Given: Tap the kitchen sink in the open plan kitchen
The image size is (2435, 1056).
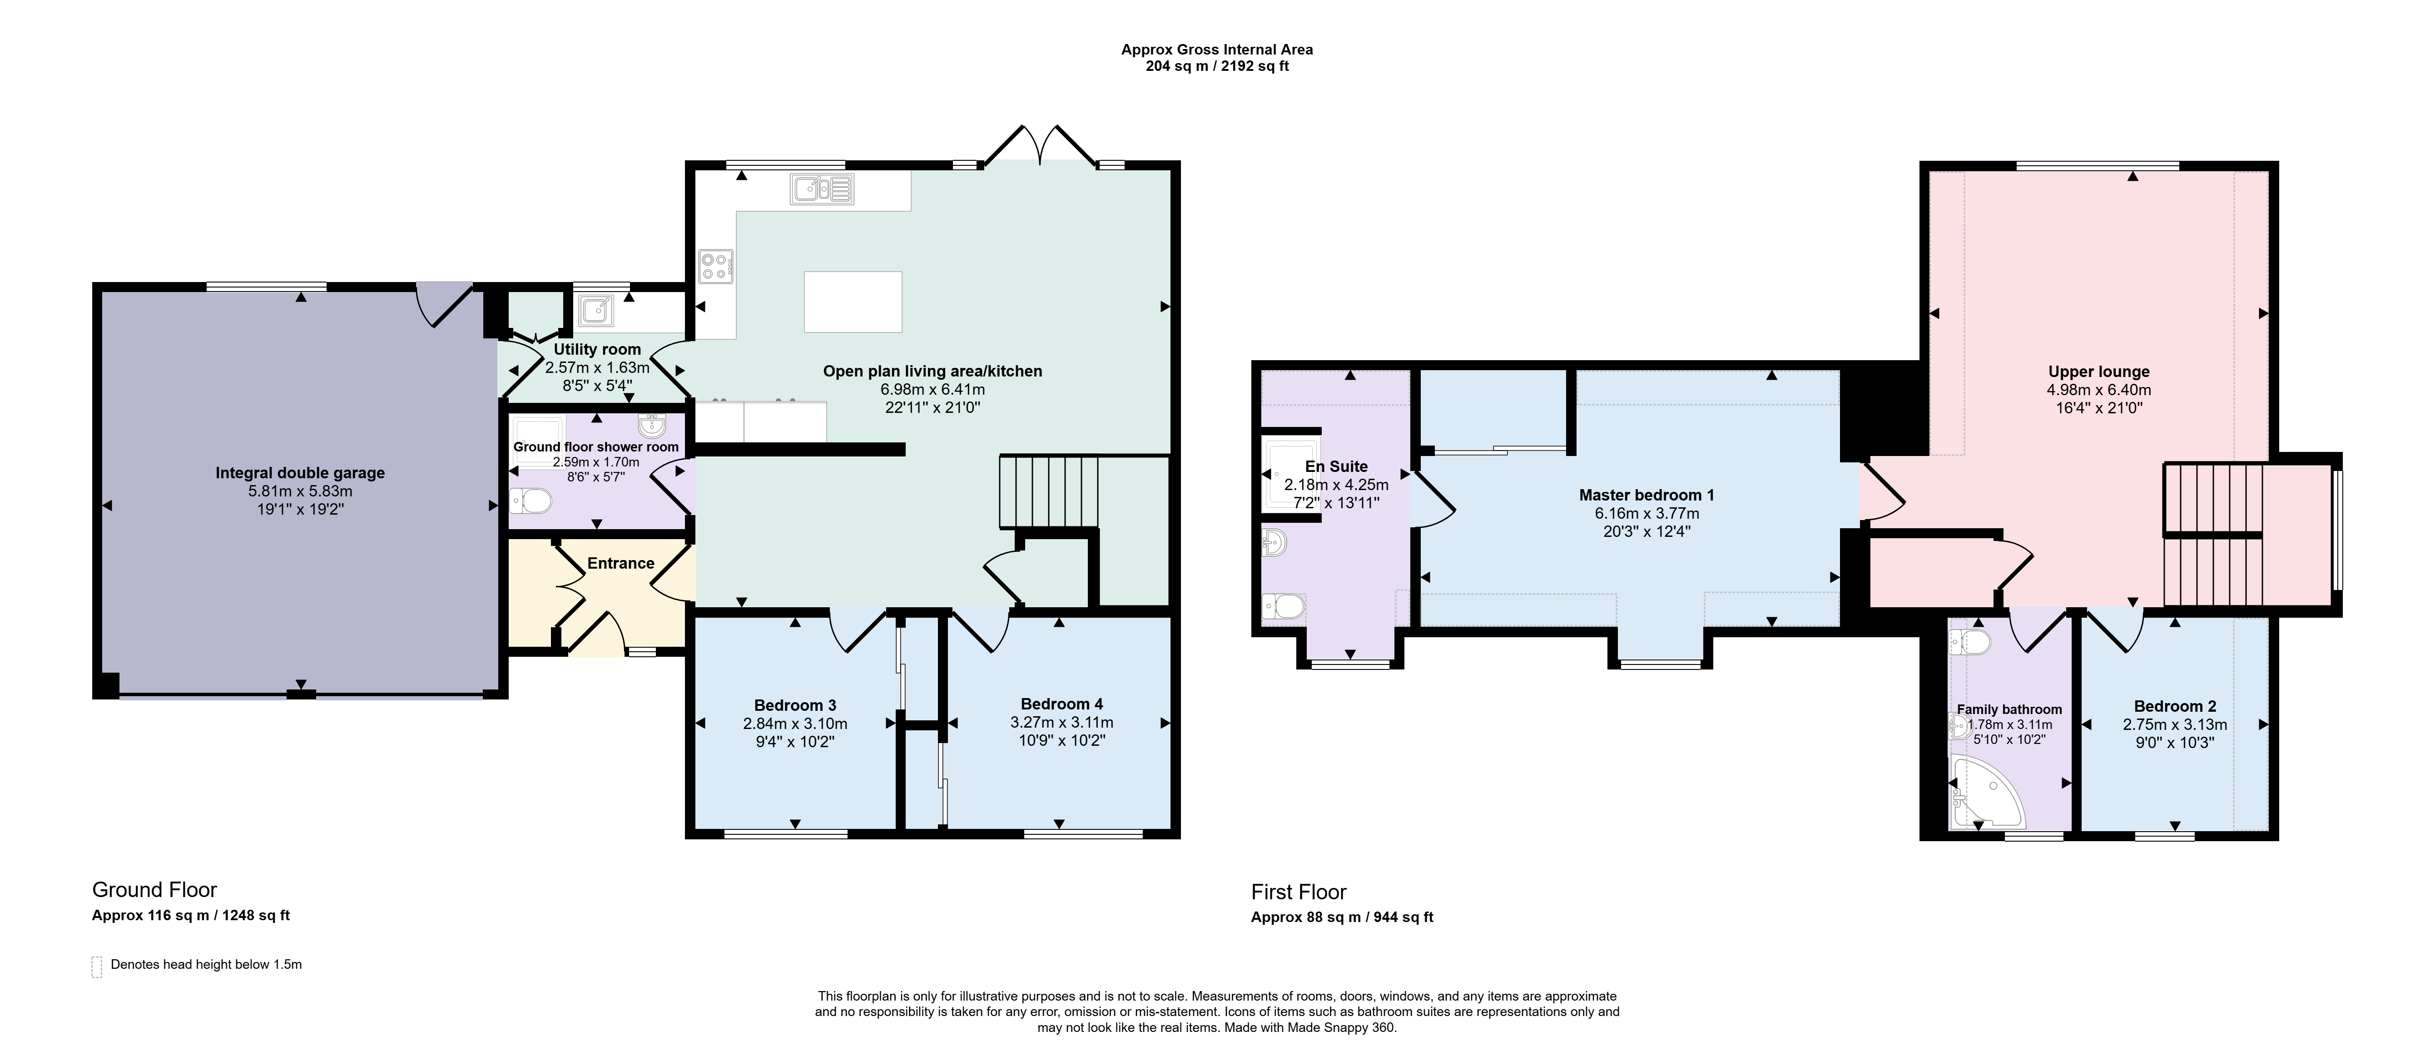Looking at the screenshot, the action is [823, 189].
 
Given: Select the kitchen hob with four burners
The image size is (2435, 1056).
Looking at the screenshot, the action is [715, 266].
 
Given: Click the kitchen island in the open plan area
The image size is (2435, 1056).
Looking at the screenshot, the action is [853, 302].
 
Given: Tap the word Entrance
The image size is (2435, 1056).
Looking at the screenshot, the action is [621, 564].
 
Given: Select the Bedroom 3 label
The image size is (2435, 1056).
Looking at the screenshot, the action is [795, 705].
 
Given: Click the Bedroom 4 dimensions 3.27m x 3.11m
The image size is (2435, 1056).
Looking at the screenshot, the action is [1061, 722].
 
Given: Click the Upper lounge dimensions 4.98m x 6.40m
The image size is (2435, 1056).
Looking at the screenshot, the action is [2098, 390].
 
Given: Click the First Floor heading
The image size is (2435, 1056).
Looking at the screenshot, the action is [1299, 892].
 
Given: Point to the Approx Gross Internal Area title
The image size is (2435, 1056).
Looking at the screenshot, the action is [1216, 49].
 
